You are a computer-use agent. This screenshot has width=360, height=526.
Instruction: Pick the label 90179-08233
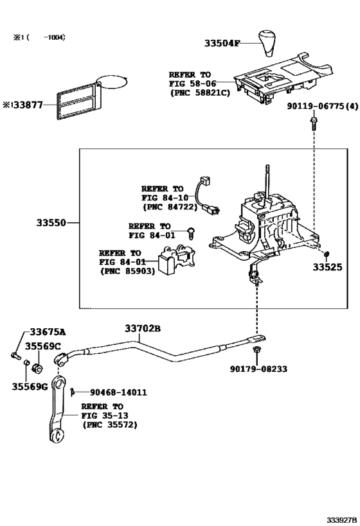pyautogui.click(x=259, y=369)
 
